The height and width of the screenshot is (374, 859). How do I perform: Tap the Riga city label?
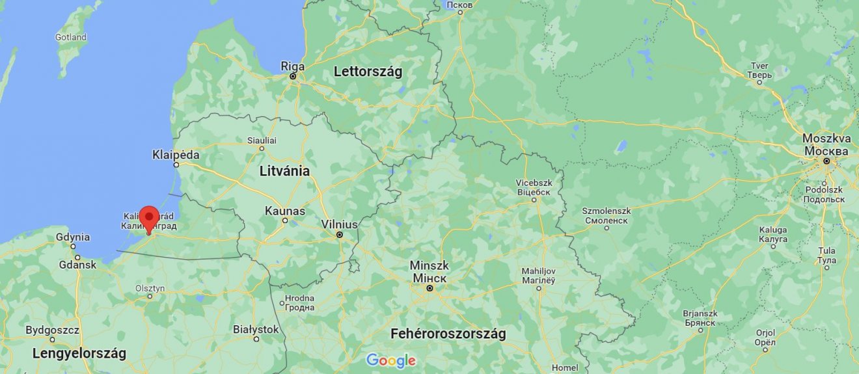292,66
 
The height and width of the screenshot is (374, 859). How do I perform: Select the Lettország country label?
368,72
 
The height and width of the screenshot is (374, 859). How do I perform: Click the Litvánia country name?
284,172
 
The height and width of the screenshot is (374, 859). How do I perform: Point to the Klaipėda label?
175,155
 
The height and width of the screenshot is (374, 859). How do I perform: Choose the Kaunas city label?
284,211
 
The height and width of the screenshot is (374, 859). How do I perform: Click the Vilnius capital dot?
339,234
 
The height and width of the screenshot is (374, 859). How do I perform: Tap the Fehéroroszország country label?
448,334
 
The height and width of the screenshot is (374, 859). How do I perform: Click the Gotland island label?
70,37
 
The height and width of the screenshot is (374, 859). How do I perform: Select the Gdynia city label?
72,237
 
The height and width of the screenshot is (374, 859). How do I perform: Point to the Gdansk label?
77,265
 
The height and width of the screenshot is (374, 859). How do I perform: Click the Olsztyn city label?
150,288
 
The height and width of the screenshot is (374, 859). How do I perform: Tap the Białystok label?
256,330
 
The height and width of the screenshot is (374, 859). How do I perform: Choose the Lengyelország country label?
79,354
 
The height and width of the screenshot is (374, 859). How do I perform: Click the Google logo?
390,360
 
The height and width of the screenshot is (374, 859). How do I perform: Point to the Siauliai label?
262,140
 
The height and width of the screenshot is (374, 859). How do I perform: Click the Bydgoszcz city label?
52,330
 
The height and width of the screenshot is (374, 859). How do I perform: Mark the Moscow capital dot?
826,160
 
